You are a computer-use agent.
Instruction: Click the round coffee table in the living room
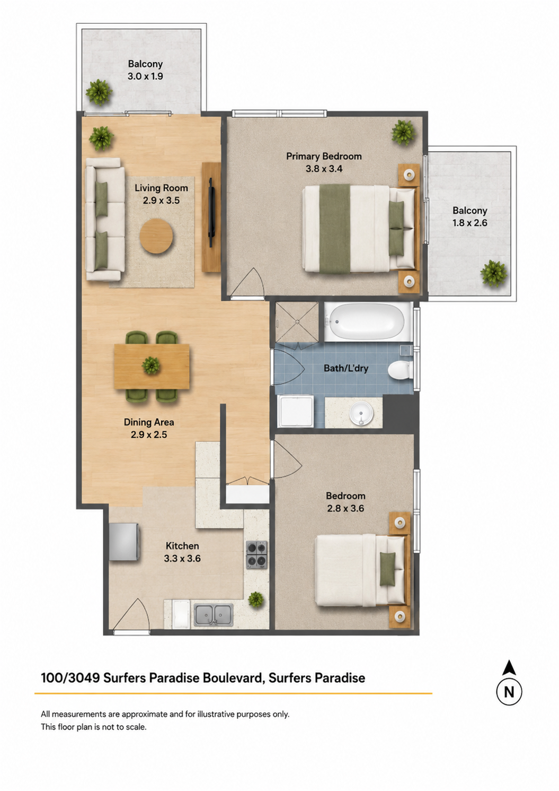(x=156, y=236)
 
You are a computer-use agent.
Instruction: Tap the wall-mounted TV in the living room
(x=211, y=213)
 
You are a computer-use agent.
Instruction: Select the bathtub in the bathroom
(x=365, y=321)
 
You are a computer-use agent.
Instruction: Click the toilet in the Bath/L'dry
(x=400, y=369)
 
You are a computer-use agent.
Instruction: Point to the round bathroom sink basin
(x=361, y=412)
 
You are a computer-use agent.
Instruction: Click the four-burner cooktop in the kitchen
(x=256, y=555)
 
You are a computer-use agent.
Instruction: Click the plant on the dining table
(x=151, y=365)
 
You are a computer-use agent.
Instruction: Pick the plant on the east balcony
(x=493, y=273)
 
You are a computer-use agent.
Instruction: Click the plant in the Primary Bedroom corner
(x=402, y=133)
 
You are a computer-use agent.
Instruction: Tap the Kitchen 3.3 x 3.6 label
(x=182, y=552)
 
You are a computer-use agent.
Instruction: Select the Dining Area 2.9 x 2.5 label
(x=149, y=428)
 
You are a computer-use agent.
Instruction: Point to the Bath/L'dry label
(x=346, y=368)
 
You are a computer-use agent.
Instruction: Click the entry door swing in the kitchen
(x=131, y=615)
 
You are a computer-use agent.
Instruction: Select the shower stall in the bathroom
(x=297, y=321)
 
